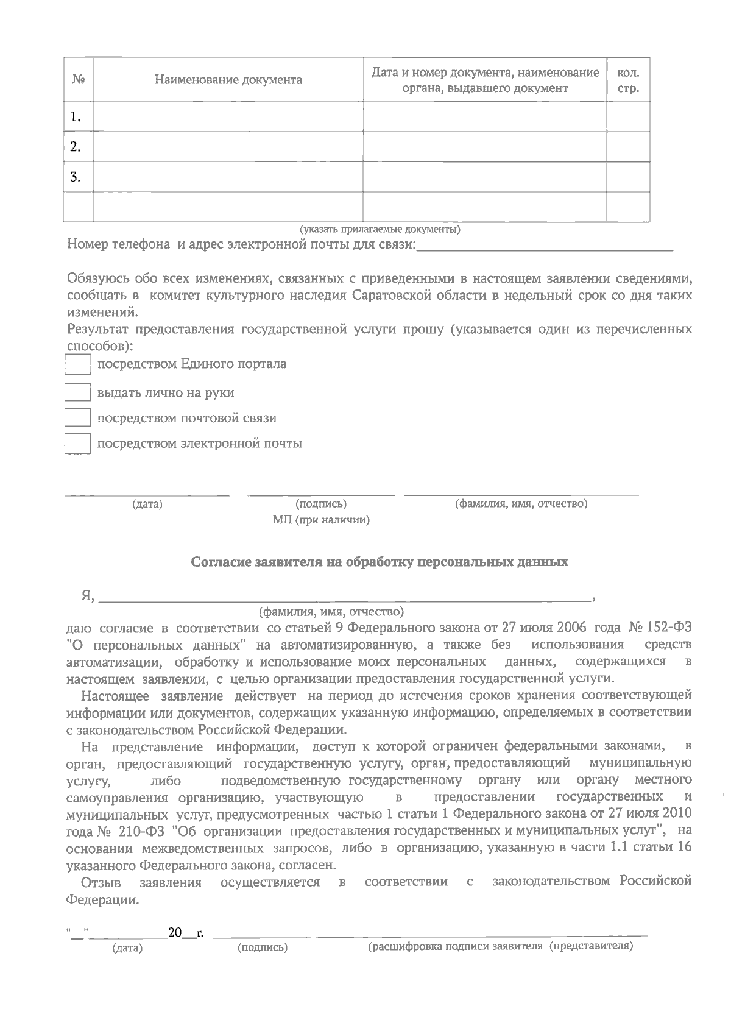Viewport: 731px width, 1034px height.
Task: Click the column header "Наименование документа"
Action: [x=228, y=80]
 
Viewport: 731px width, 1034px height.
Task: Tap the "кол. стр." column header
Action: [x=628, y=80]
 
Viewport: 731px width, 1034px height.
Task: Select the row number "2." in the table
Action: [x=76, y=147]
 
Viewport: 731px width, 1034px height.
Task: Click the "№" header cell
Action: [x=78, y=80]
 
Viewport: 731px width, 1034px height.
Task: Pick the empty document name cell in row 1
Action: [x=228, y=116]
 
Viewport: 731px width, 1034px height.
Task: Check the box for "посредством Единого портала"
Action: [x=77, y=364]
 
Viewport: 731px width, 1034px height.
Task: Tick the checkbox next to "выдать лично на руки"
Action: [x=77, y=392]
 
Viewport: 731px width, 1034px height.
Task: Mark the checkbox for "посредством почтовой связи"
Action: [x=77, y=418]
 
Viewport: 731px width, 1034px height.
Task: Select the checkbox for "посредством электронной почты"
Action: [x=77, y=444]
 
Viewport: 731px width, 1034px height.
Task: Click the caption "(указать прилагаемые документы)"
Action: [x=380, y=230]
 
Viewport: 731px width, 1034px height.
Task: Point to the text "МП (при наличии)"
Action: [x=321, y=520]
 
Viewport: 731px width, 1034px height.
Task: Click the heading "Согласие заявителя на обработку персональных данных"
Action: [x=380, y=562]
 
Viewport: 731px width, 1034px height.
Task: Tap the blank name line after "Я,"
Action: [x=345, y=597]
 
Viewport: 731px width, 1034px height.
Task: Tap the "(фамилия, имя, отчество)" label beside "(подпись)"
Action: [x=521, y=504]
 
